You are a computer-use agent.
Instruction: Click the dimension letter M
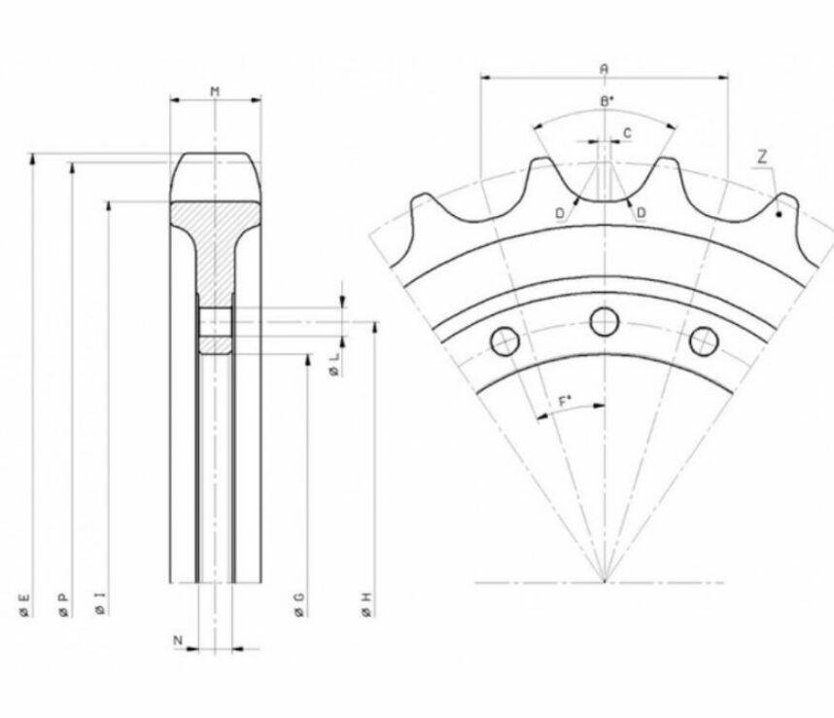pyautogui.click(x=215, y=91)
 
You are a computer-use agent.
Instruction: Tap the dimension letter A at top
pyautogui.click(x=605, y=69)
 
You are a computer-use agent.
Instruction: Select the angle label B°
pyautogui.click(x=607, y=101)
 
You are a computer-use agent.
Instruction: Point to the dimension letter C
pyautogui.click(x=628, y=132)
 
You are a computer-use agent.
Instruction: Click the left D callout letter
pyautogui.click(x=560, y=213)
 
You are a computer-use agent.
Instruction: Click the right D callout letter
pyautogui.click(x=642, y=213)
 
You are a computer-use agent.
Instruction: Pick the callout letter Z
pyautogui.click(x=763, y=157)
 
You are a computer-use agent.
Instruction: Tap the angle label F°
pyautogui.click(x=565, y=402)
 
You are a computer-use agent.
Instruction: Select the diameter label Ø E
pyautogui.click(x=24, y=606)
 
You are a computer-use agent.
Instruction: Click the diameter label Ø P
pyautogui.click(x=63, y=606)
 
